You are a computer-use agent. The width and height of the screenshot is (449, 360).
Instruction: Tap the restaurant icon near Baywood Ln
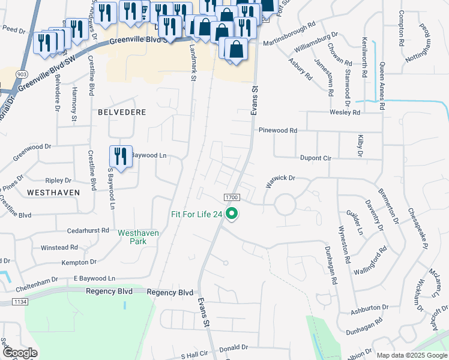(x=121, y=157)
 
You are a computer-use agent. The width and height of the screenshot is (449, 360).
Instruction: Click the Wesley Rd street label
(x=345, y=112)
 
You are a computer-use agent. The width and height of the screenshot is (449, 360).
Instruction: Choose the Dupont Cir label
(x=316, y=158)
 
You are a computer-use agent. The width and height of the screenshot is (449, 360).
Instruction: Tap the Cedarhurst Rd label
(x=88, y=230)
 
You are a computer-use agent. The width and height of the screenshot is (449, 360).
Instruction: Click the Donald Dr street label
(x=234, y=347)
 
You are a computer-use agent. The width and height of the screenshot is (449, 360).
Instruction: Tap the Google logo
(x=20, y=353)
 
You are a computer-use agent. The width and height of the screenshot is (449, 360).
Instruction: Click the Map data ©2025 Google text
(x=411, y=355)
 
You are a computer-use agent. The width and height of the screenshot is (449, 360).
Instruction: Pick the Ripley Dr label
(x=58, y=180)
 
